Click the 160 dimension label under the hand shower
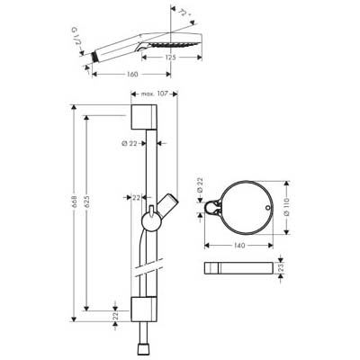tap(132, 74)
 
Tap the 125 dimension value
tap(170, 57)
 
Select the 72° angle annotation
tap(184, 14)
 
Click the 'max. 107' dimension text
tap(155, 94)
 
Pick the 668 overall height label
tap(75, 203)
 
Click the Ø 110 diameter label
tap(286, 206)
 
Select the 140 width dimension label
tap(238, 246)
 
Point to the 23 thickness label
tap(281, 268)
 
